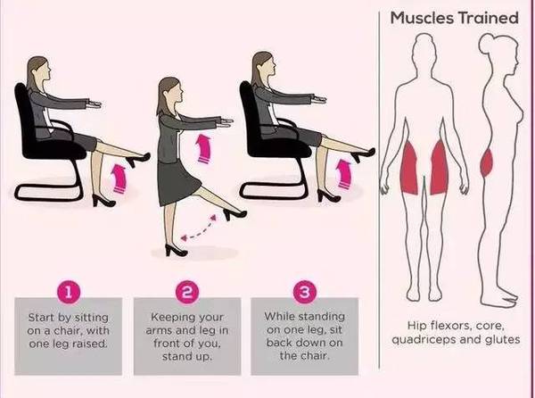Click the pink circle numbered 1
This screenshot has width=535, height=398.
pyautogui.click(x=69, y=292)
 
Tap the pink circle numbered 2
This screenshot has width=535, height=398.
pyautogui.click(x=187, y=292)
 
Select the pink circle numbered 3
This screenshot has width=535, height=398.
pyautogui.click(x=305, y=292)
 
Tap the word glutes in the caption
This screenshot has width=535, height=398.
pyautogui.click(x=503, y=339)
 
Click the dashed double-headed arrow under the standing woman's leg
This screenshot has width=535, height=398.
pyautogui.click(x=199, y=228)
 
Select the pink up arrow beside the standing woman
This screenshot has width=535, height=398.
pyautogui.click(x=203, y=148)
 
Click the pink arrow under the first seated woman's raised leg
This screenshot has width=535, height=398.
pyautogui.click(x=119, y=178)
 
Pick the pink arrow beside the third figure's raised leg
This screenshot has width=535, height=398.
pyautogui.click(x=343, y=174)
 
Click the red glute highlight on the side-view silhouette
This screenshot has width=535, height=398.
pyautogui.click(x=487, y=162)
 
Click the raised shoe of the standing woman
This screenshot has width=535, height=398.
pyautogui.click(x=235, y=213)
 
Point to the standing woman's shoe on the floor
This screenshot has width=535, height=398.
pyautogui.click(x=176, y=250)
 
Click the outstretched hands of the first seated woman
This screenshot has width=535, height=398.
pyautogui.click(x=93, y=104)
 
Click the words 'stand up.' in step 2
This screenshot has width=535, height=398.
pyautogui.click(x=187, y=357)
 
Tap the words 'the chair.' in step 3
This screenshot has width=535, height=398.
pyautogui.click(x=305, y=356)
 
